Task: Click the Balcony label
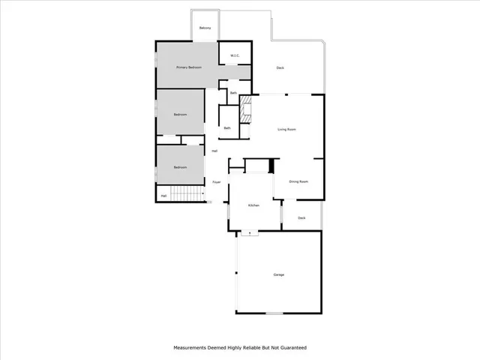(205, 28)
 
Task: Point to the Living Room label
(287, 130)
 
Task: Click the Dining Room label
(299, 181)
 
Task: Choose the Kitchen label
(253, 205)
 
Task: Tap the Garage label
(278, 275)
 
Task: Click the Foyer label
(216, 182)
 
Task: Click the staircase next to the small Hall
(187, 195)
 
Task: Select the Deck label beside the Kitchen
(301, 218)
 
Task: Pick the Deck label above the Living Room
(280, 68)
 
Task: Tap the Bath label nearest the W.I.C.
(233, 93)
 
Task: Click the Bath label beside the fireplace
(227, 128)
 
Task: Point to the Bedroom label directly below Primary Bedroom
(180, 115)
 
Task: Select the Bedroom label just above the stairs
(180, 167)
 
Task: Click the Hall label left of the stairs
(163, 196)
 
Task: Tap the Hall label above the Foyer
(214, 151)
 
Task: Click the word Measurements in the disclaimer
(193, 348)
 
